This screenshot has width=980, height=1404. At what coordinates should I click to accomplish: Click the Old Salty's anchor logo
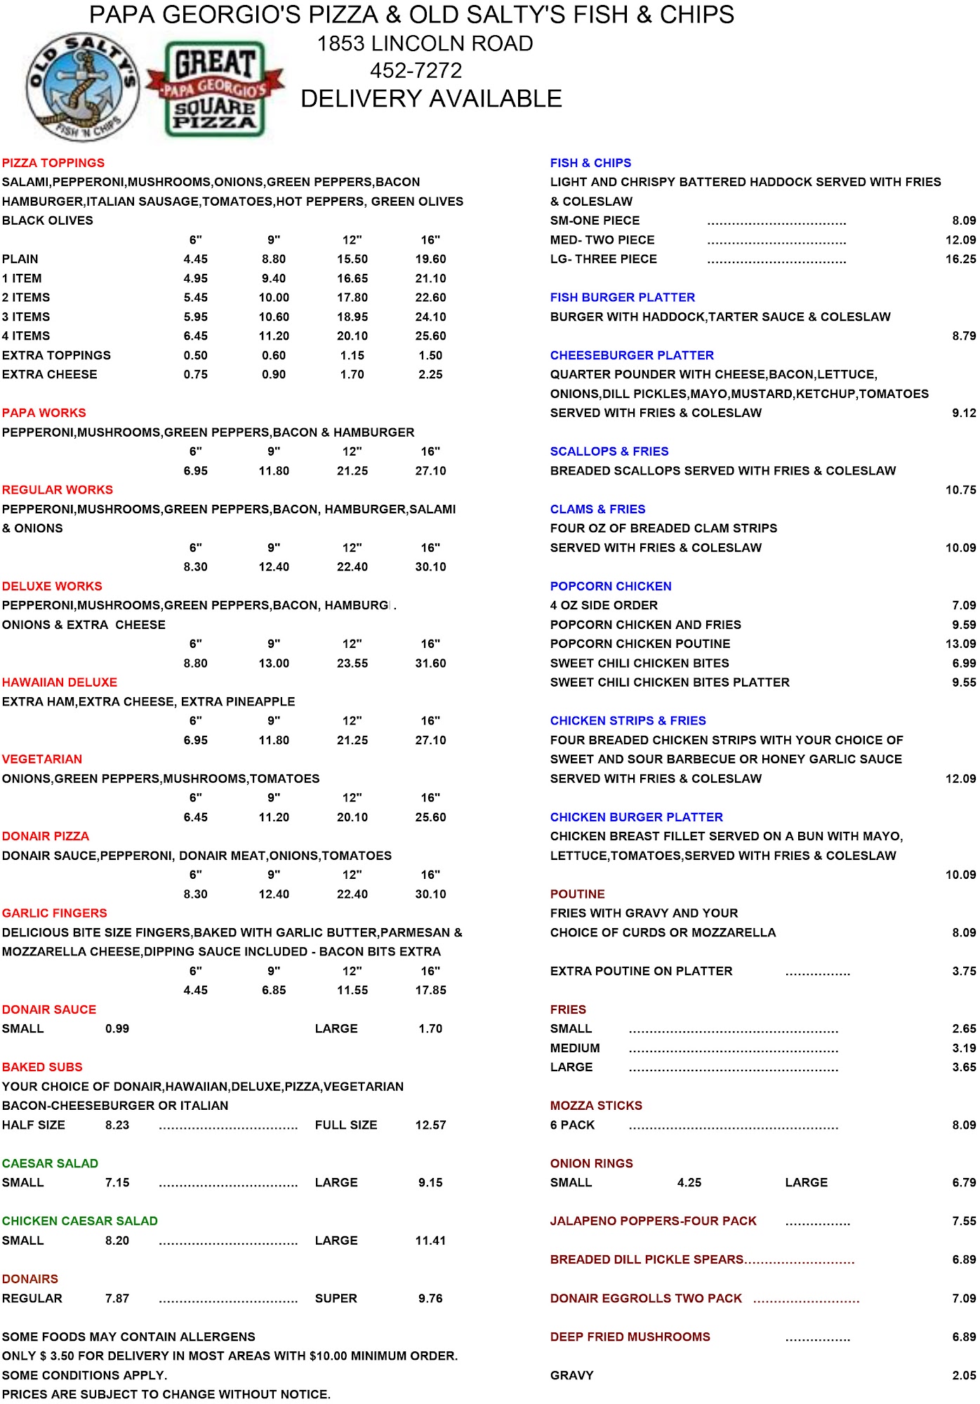point(83,86)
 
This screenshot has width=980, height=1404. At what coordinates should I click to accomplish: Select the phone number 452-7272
point(416,71)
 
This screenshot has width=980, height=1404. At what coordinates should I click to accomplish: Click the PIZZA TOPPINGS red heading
point(53,163)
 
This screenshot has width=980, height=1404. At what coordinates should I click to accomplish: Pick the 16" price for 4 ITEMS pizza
point(430,336)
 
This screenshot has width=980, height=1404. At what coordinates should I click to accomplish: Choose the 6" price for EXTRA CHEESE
point(195,375)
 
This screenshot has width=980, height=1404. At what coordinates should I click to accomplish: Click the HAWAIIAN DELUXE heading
point(60,682)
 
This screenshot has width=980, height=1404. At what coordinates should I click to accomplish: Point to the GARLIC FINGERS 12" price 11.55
point(352,991)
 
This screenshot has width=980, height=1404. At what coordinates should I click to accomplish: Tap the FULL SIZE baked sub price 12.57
point(430,1125)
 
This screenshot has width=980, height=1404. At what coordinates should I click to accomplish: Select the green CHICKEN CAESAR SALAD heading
point(80,1221)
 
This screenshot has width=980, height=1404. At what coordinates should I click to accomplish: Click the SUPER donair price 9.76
point(430,1299)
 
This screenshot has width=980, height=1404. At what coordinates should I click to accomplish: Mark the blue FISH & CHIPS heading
point(590,163)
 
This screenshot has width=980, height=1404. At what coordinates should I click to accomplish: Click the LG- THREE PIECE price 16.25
point(960,259)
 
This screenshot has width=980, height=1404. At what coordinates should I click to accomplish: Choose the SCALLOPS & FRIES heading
point(609,451)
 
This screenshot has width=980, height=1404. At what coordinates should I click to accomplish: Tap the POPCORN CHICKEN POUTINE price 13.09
point(960,644)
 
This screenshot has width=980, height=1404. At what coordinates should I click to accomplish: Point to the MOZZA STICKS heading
point(596,1106)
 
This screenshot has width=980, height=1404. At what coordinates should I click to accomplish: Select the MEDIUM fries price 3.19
point(964,1048)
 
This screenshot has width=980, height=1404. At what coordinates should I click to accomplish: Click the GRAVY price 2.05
point(964,1376)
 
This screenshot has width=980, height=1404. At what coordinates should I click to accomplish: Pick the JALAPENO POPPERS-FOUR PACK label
point(653,1221)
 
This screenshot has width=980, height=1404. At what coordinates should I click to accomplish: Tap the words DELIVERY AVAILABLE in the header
point(431,99)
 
